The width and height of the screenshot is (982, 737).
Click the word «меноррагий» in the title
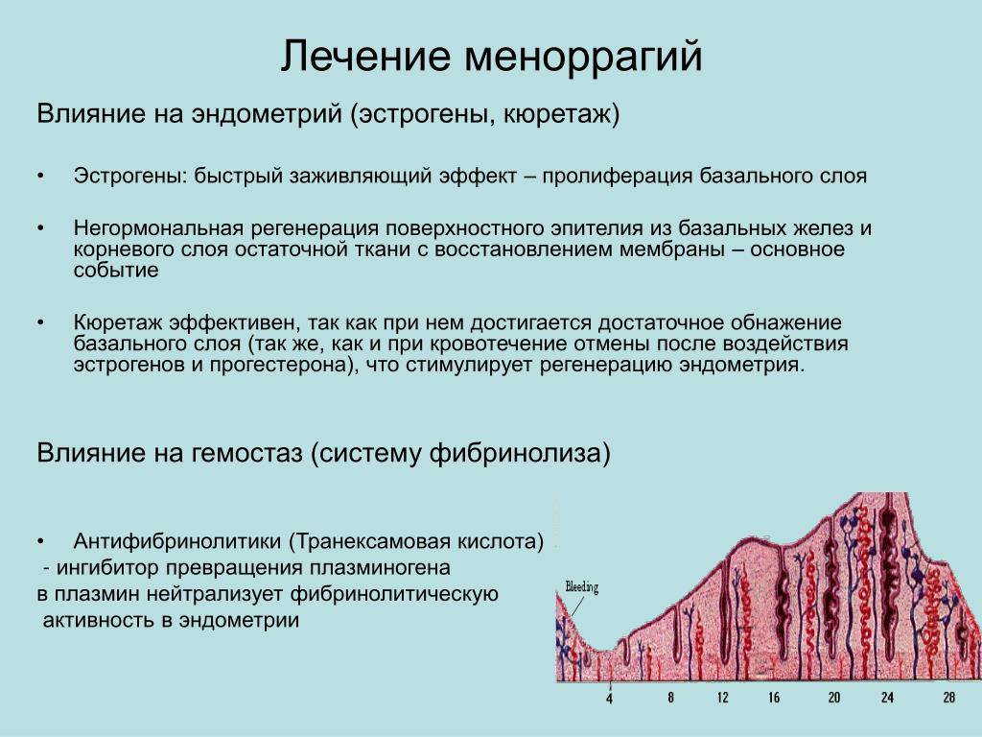[583, 57]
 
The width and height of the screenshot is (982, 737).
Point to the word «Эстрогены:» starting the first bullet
[130, 177]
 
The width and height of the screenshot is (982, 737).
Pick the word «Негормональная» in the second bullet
[158, 228]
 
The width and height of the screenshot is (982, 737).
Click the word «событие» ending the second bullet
[116, 270]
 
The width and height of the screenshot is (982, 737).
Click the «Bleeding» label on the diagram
[582, 587]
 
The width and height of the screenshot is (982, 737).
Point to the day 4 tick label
[609, 699]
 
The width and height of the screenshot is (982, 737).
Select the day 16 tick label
[774, 698]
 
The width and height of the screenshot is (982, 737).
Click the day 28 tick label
[949, 697]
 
